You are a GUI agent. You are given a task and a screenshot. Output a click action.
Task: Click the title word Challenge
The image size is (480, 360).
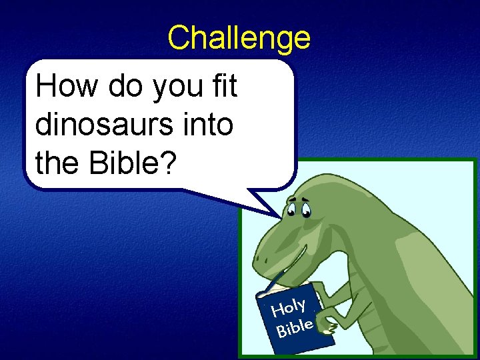click(x=239, y=38)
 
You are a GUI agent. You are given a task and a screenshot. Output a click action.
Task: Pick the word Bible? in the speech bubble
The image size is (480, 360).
click(x=131, y=163)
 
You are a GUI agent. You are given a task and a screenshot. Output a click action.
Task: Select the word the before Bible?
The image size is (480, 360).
click(x=57, y=163)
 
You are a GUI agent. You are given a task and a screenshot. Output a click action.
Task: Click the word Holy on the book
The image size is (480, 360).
click(x=288, y=307)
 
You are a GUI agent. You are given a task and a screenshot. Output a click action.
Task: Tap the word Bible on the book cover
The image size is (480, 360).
click(x=295, y=327)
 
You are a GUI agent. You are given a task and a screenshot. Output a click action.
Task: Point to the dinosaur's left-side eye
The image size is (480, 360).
click(x=292, y=211)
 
